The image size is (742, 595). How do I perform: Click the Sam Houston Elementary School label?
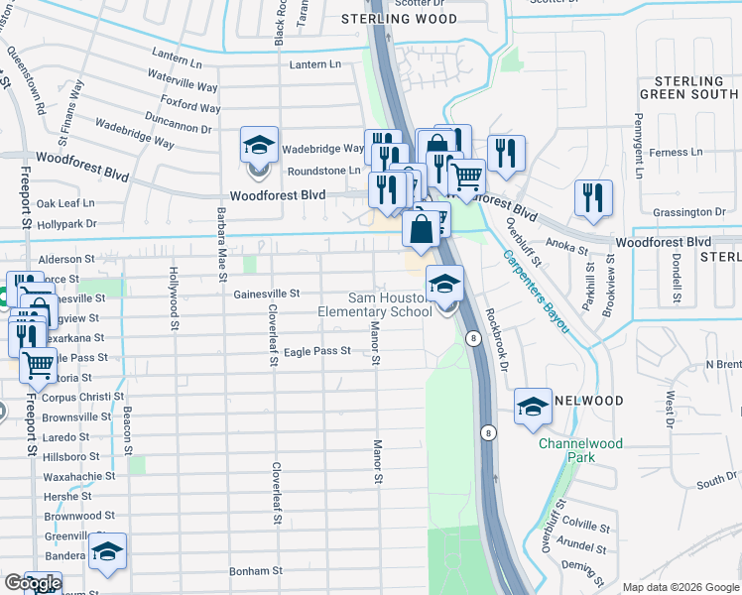click(x=374, y=305)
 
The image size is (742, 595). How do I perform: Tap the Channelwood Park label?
click(x=580, y=450)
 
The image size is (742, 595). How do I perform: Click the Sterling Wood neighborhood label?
click(x=400, y=19)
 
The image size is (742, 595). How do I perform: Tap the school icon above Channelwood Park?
click(x=533, y=407)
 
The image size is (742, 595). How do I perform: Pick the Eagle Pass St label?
click(x=317, y=351)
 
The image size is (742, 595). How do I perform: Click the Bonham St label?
click(x=256, y=571)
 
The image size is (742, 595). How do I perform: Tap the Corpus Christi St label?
click(x=82, y=396)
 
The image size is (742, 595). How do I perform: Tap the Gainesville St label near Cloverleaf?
click(x=267, y=294)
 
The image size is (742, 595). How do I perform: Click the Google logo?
click(x=32, y=583)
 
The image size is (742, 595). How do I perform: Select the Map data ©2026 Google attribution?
click(x=680, y=587)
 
